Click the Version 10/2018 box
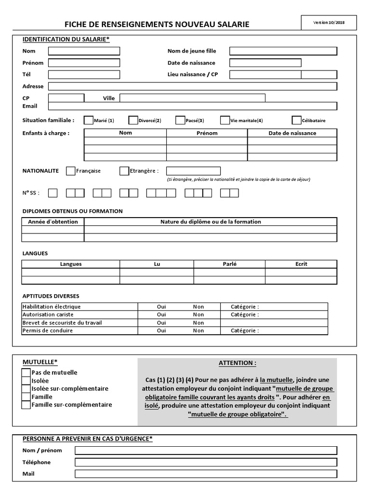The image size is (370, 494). (x=329, y=23)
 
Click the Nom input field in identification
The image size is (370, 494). (x=84, y=51)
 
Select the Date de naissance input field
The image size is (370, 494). (x=265, y=63)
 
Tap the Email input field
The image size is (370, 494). (x=192, y=106)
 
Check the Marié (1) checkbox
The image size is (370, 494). (x=89, y=120)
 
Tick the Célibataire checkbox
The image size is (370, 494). (x=296, y=120)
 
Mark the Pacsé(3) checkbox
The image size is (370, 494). (x=180, y=120)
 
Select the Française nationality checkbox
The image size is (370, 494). (x=70, y=171)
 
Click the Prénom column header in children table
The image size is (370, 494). (x=207, y=133)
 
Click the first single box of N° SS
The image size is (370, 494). (x=53, y=193)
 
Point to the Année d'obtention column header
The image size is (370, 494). (x=53, y=222)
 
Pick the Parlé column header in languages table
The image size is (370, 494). (x=229, y=264)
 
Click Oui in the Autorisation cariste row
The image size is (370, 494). (x=161, y=315)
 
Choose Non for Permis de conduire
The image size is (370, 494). (x=198, y=331)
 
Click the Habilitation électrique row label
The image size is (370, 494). (x=52, y=307)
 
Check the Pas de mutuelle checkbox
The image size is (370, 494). (x=26, y=373)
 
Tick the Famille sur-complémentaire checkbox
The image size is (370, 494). (x=26, y=405)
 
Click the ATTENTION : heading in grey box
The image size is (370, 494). (x=237, y=363)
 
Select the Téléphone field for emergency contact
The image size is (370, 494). (x=206, y=462)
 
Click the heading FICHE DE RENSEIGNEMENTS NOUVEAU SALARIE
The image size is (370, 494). (x=157, y=24)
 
